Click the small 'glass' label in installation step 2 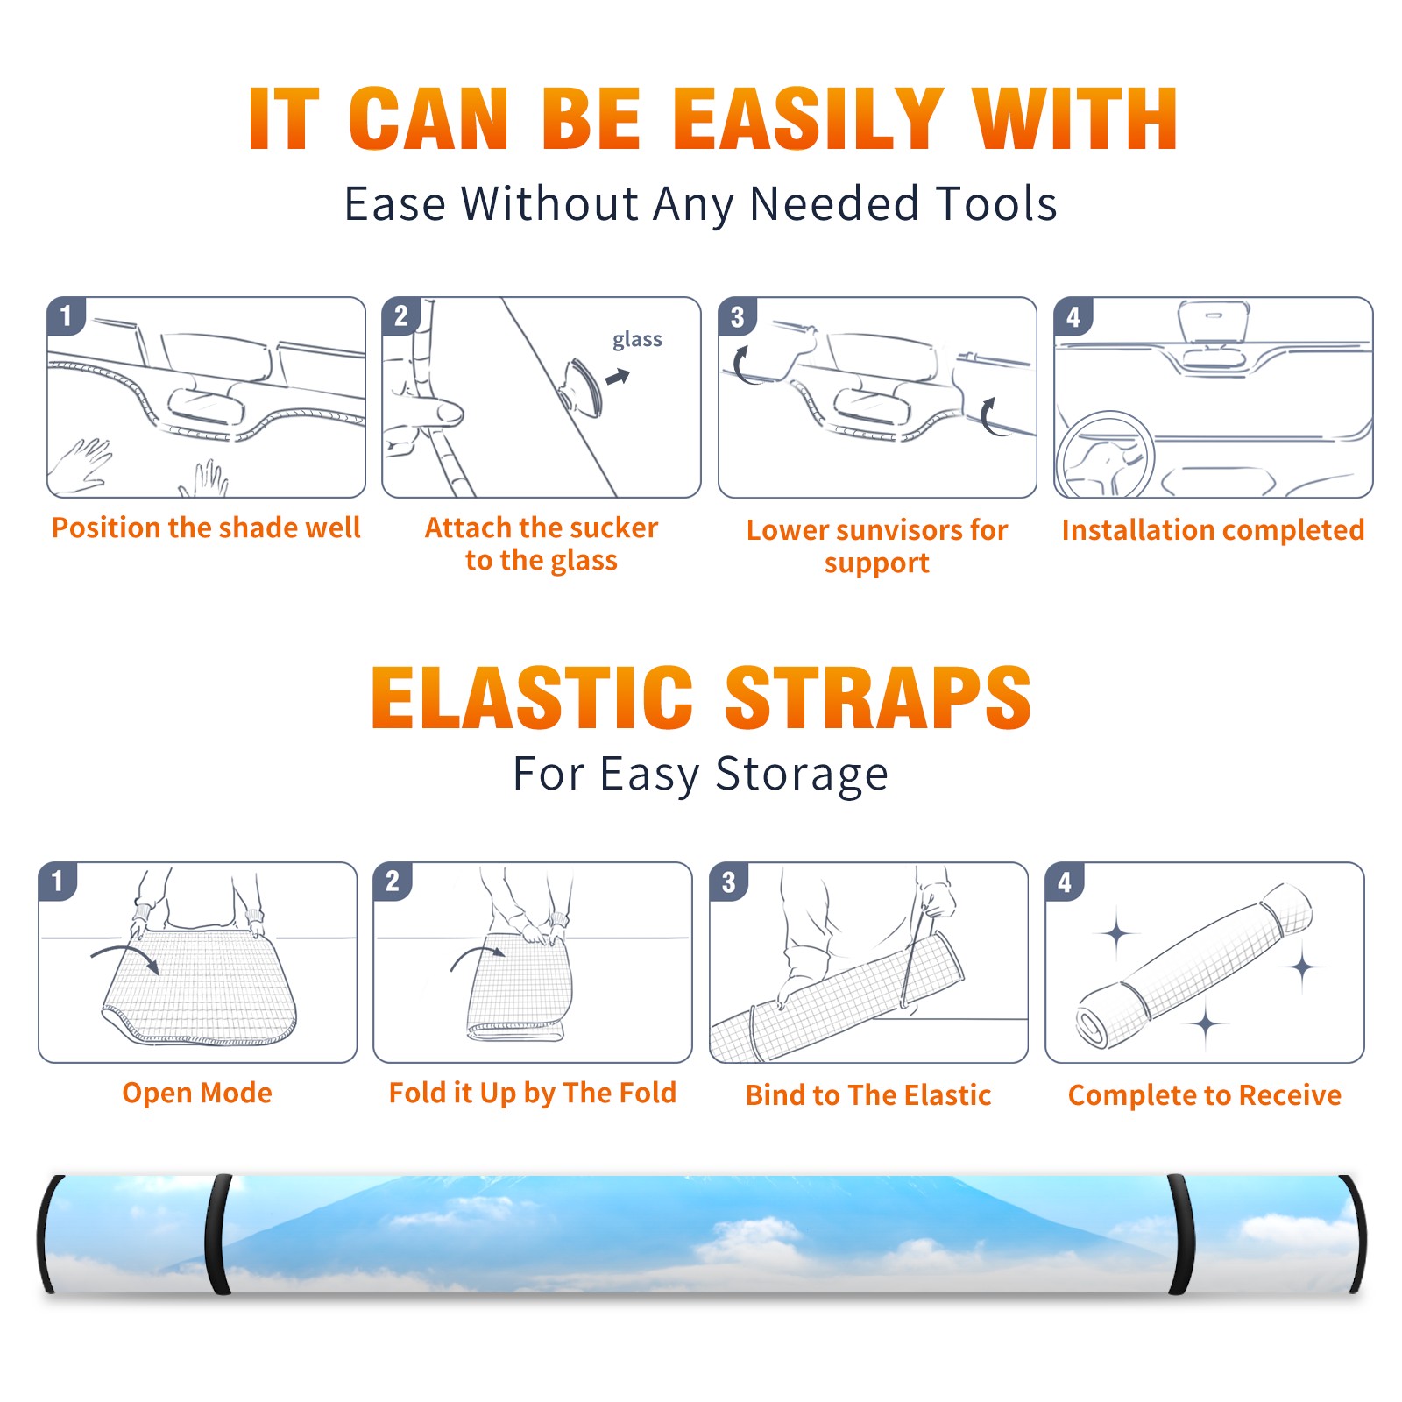tap(637, 340)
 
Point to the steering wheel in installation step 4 tap(1105, 454)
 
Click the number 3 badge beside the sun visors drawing tap(737, 317)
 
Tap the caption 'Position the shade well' tap(206, 528)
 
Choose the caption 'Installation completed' tap(1213, 530)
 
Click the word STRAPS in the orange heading tap(878, 697)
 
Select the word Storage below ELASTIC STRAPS tap(802, 775)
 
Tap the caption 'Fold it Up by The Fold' tap(533, 1093)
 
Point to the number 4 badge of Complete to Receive tap(1065, 882)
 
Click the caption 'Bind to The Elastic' tap(868, 1095)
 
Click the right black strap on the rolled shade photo tap(1181, 1234)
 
